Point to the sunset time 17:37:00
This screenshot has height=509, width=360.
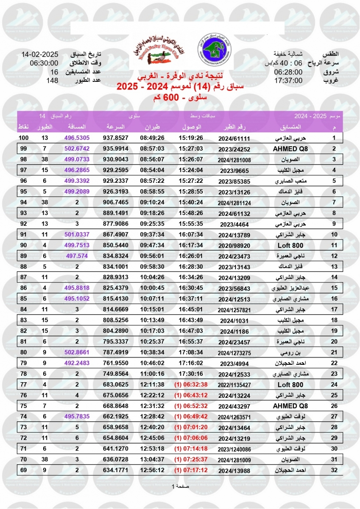pyautogui.click(x=288, y=80)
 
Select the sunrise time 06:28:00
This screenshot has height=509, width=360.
pyautogui.click(x=288, y=72)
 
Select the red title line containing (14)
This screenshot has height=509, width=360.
pyautogui.click(x=180, y=87)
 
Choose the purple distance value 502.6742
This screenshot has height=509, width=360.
pyautogui.click(x=77, y=148)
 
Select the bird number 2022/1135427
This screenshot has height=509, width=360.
pyautogui.click(x=234, y=386)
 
